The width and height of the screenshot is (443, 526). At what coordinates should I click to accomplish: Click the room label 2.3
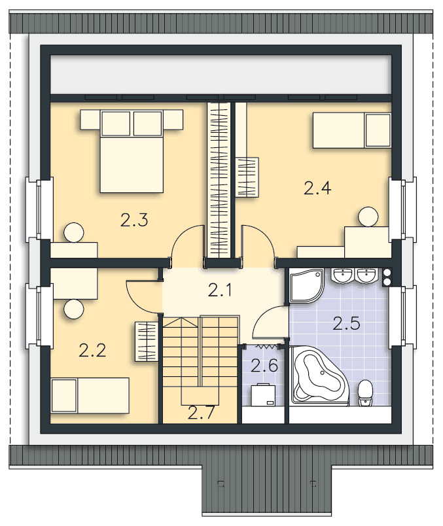[134, 220]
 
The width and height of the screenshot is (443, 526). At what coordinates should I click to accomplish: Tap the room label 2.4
[317, 188]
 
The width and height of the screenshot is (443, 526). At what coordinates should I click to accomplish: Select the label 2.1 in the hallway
[220, 290]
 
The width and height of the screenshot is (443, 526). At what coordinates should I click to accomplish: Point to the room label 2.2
[93, 351]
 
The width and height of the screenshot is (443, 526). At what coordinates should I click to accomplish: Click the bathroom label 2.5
[346, 323]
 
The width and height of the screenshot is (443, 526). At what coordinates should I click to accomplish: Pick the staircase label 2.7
[201, 413]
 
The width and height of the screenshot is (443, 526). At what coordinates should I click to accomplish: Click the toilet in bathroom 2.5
[365, 393]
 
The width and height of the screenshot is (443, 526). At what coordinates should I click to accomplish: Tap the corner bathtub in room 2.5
[321, 376]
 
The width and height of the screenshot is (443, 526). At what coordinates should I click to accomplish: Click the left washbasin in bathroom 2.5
[342, 275]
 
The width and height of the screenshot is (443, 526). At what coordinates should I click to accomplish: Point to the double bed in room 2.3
[132, 151]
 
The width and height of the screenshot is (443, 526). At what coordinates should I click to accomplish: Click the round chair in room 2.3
[73, 232]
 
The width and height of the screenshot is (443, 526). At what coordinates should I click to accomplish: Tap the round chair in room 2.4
[368, 217]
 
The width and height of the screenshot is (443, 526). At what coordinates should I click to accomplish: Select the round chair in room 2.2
[74, 309]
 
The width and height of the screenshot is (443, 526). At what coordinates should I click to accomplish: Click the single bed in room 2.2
[90, 395]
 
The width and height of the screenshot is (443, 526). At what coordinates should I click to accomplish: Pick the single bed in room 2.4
[352, 130]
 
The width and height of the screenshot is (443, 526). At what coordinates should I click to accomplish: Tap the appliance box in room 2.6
[264, 395]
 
